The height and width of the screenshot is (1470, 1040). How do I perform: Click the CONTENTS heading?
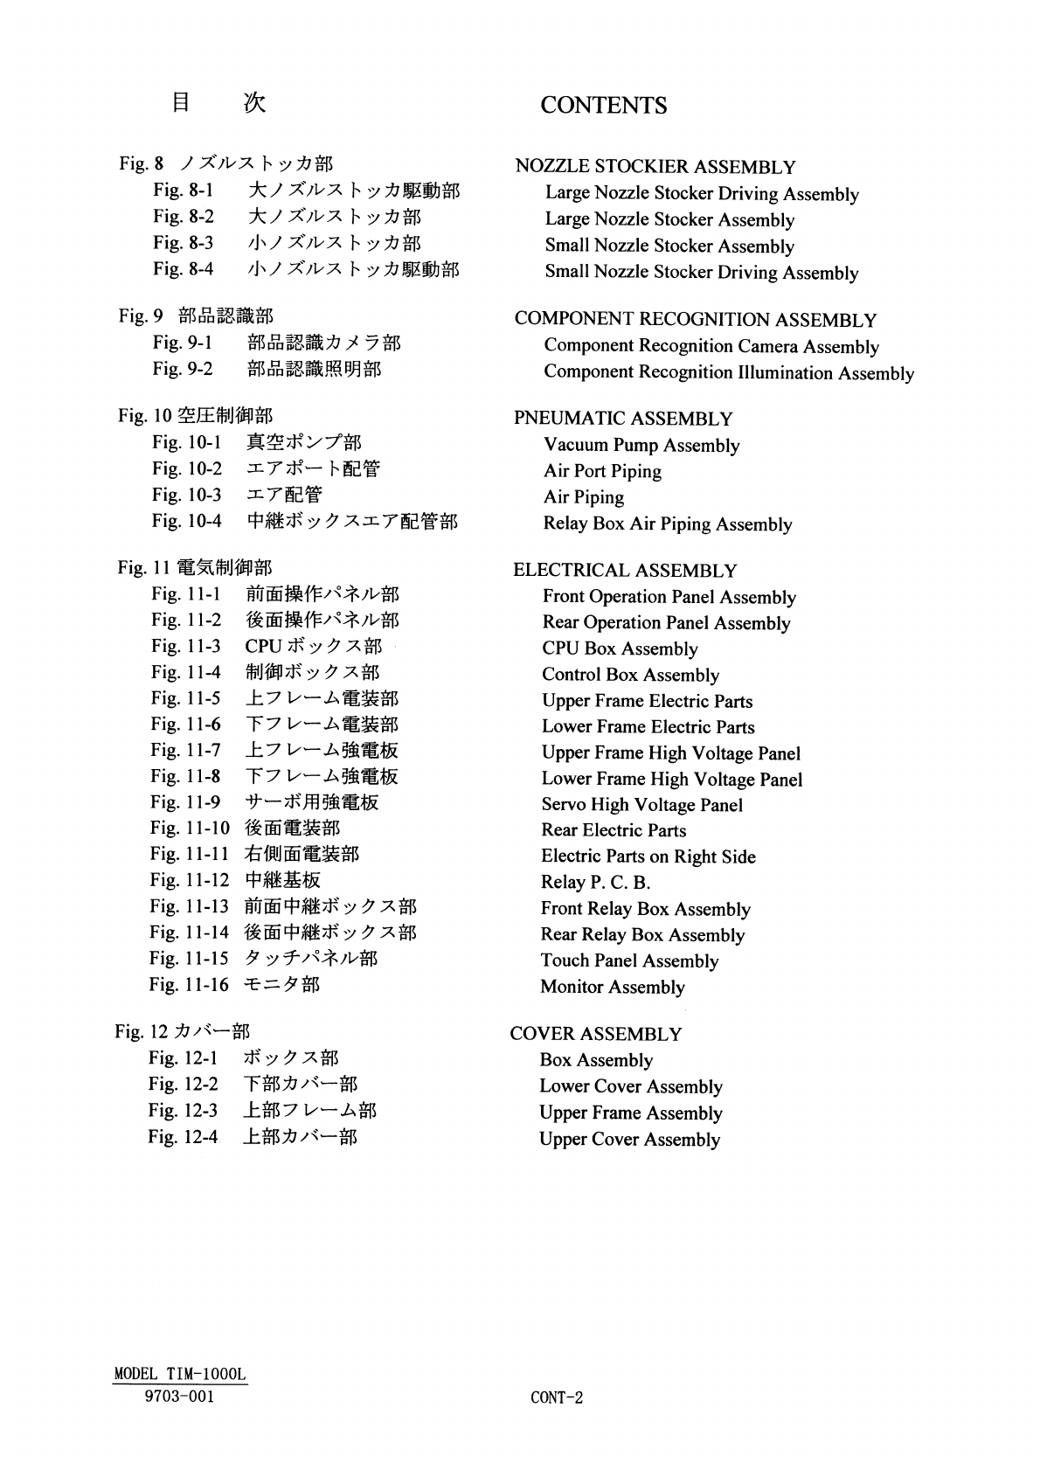point(603,106)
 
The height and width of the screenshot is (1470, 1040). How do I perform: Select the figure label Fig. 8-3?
point(183,242)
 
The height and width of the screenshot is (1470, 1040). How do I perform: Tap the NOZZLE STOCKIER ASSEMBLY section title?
point(655,167)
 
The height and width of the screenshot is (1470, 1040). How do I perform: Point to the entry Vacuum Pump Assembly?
point(641,446)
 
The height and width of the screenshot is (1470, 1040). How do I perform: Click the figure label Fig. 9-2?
point(182,369)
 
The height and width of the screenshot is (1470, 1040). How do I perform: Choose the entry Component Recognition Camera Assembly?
point(711,346)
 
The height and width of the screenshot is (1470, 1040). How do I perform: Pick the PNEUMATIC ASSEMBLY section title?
point(622,419)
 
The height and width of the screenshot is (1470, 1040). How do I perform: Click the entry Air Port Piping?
point(602,471)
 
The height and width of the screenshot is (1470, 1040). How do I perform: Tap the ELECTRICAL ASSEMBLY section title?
point(625,571)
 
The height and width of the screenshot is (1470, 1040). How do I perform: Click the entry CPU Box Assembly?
point(620,648)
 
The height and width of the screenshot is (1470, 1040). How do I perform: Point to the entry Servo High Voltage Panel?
point(641,805)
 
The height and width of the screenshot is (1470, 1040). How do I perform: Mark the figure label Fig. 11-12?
point(189,880)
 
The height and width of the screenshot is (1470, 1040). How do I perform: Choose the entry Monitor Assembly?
point(612,987)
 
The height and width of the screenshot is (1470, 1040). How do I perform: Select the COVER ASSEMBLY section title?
point(595,1034)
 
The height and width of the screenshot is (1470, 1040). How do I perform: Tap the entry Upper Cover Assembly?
point(629,1139)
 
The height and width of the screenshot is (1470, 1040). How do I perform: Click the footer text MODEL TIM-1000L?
point(180,1374)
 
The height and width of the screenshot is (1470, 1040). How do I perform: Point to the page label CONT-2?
point(556,1397)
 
